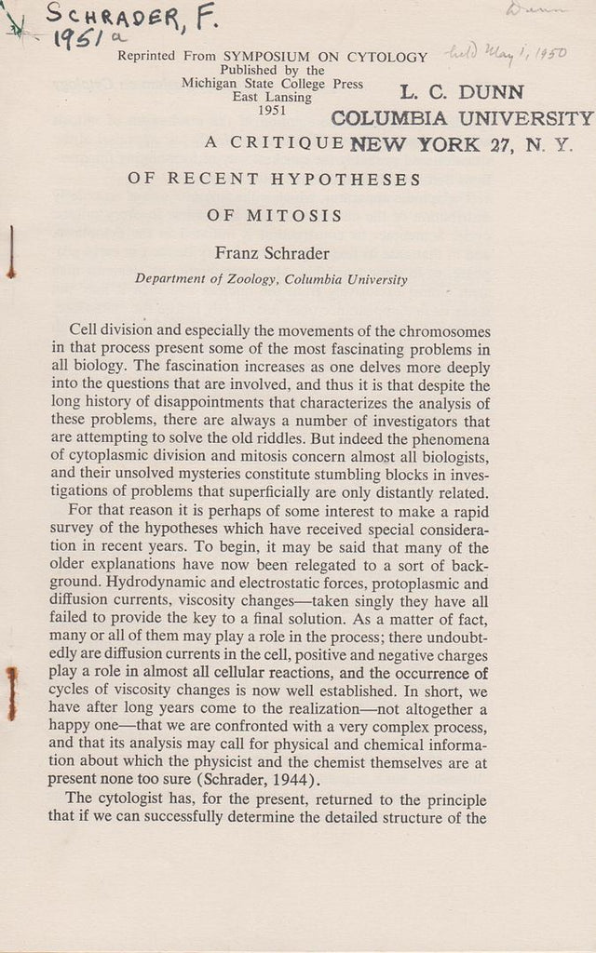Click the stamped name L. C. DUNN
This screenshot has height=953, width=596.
462,92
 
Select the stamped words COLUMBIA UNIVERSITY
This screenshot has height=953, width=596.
462,118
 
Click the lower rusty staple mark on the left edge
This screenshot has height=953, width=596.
12,693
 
